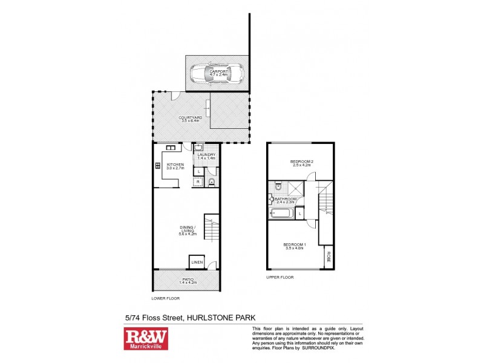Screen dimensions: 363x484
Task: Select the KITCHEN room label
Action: [175, 166]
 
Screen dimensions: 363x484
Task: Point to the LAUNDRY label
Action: [206, 156]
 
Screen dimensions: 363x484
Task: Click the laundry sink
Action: [198, 147]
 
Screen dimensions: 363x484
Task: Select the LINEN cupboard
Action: [197, 262]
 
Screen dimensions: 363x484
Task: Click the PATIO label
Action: [185, 280]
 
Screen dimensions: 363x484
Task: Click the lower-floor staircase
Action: [211, 228]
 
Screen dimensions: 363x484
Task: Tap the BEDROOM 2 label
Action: [301, 163]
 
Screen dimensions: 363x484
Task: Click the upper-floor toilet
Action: [276, 185]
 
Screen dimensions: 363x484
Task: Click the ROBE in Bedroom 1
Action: [329, 257]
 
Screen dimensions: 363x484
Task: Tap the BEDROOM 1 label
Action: [296, 245]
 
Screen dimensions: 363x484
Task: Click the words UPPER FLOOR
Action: [280, 277]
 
